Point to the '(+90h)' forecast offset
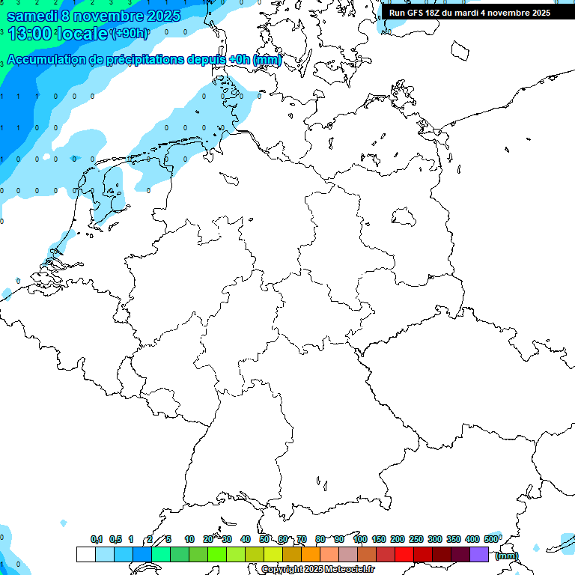pos(129,33)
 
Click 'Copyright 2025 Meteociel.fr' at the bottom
pos(317,570)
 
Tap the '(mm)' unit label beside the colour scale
pos(507,555)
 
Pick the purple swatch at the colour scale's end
pos(479,554)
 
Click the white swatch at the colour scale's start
pos(86,554)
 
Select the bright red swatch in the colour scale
pos(404,554)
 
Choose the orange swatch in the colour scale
pos(310,554)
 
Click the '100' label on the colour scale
pos(360,539)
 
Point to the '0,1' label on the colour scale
pos(97,539)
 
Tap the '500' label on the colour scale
pos(491,539)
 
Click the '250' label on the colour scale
pos(416,539)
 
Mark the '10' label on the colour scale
pos(189,539)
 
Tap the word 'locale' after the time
pos(83,33)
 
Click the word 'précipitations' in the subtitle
pos(136,60)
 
